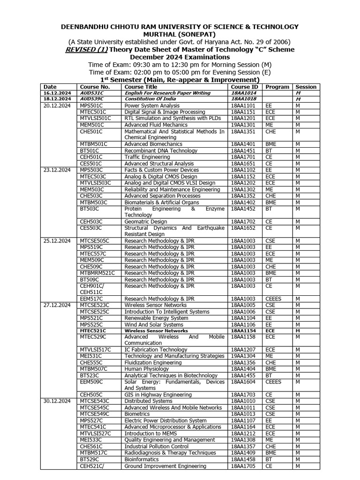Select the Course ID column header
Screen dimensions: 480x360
point(244,87)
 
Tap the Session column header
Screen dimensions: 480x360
point(306,87)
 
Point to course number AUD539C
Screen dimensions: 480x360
point(91,99)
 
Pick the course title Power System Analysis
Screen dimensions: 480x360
point(148,106)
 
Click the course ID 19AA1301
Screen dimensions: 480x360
point(244,125)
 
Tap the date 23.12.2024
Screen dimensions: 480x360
point(57,170)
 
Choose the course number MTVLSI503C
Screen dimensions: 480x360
point(96,183)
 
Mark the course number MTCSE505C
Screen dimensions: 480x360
point(94,240)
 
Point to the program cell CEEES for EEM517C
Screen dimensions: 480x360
point(273,298)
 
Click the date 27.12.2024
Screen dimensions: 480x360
point(57,305)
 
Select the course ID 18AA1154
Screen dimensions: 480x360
point(244,330)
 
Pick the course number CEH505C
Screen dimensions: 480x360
point(91,395)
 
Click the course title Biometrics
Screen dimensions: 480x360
point(137,414)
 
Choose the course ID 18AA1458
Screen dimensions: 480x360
point(244,459)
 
